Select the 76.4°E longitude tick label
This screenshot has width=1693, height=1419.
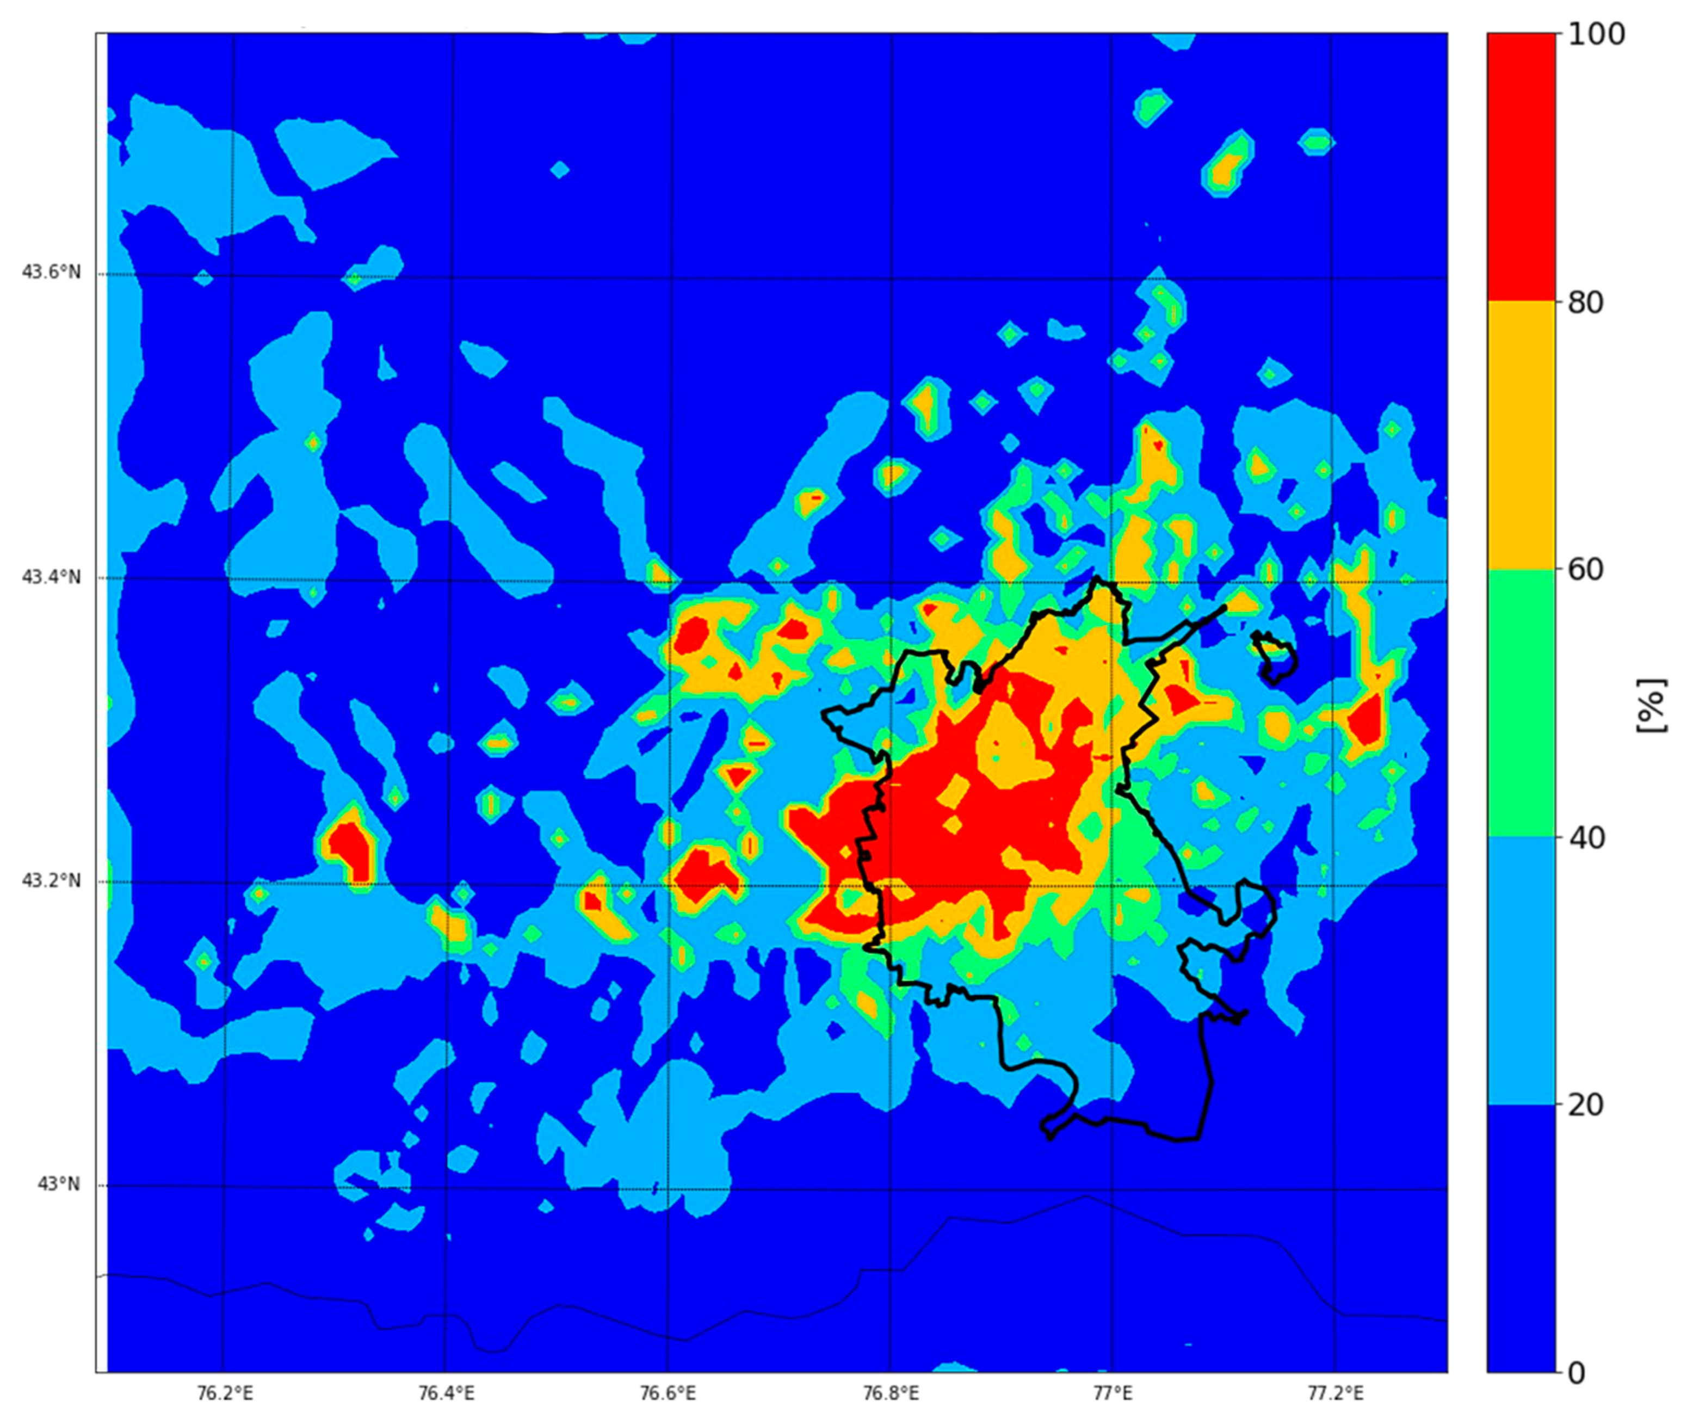click(447, 1393)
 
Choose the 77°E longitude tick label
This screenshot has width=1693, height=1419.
click(1112, 1393)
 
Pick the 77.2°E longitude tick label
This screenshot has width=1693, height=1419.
click(1335, 1393)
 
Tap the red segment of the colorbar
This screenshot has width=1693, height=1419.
click(1521, 167)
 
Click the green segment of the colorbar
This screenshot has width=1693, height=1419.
click(1521, 703)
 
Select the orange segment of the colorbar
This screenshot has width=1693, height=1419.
click(1521, 435)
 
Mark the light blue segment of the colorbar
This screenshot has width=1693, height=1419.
click(1521, 971)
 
